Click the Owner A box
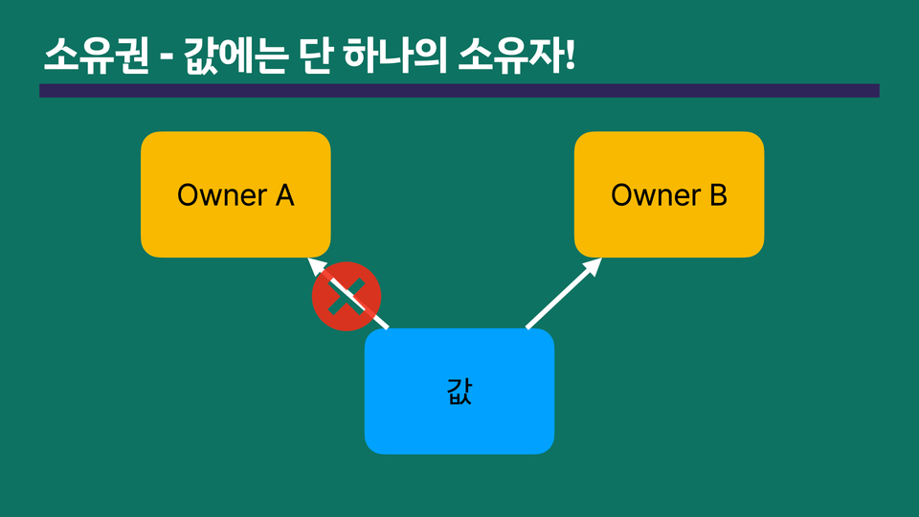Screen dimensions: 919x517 235,194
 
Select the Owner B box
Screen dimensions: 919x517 669,194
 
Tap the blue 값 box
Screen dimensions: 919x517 459,391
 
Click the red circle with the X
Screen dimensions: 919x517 347,297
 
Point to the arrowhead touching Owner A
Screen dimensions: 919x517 317,267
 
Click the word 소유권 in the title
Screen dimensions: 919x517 97,56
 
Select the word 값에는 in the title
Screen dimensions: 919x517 236,56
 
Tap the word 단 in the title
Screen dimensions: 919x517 317,56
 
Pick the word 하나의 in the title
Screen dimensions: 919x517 395,56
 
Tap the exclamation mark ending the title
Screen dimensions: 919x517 571,56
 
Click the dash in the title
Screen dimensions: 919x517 167,59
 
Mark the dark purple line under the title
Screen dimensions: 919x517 459,90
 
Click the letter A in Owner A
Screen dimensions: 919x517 285,194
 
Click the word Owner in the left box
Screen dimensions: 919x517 222,194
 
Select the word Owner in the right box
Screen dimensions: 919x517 656,194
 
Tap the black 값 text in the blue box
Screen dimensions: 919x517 459,391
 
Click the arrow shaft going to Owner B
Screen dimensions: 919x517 560,298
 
